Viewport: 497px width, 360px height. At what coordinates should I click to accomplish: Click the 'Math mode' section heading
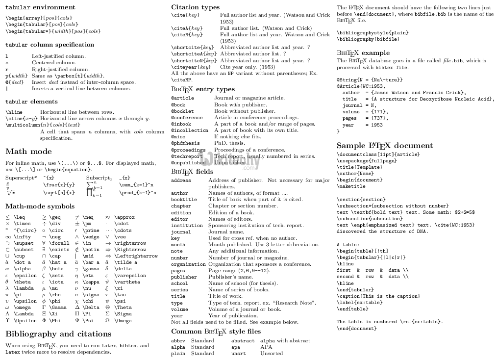click(28, 151)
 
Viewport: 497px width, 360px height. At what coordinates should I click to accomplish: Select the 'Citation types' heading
click(195, 7)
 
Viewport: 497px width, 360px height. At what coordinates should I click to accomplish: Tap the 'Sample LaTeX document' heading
click(385, 146)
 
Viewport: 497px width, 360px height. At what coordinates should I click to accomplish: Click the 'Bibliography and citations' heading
click(58, 334)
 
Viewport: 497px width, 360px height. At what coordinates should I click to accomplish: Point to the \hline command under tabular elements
click(14, 112)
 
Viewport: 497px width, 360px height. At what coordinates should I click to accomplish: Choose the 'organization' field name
click(188, 264)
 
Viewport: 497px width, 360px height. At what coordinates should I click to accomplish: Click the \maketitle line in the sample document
click(350, 186)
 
